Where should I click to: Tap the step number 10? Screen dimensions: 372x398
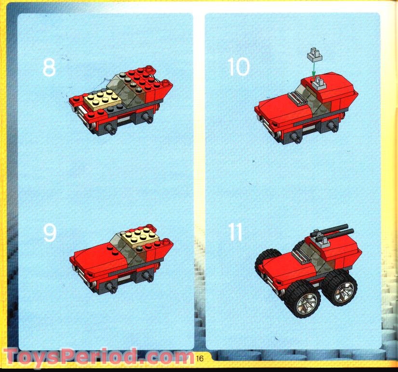click(239, 67)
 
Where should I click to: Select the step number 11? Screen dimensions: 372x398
click(235, 233)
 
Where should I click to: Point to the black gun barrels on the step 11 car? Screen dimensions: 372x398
click(332, 233)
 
